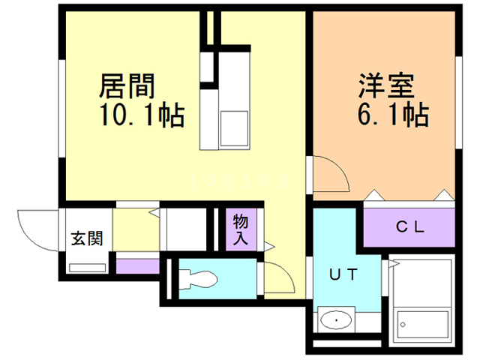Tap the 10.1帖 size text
tap(142, 115)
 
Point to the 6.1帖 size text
tap(392, 115)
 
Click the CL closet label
tap(410, 226)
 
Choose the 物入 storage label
tap(241, 228)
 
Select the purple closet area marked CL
tap(410, 226)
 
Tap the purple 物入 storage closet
tap(241, 228)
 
